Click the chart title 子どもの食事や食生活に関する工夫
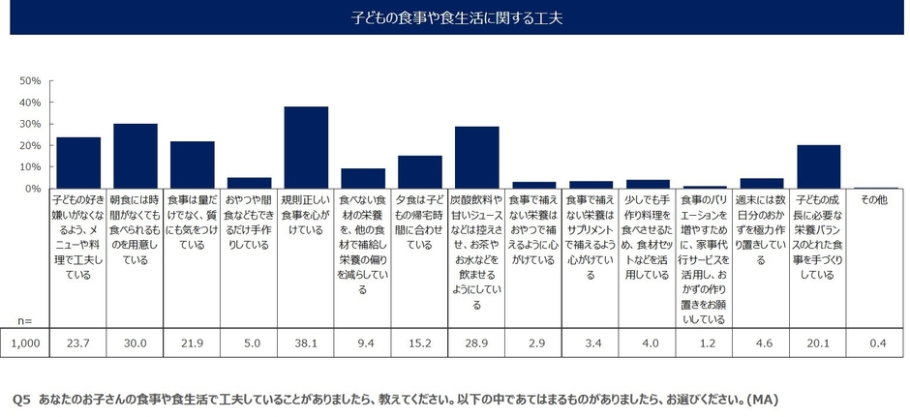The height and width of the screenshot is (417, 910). click(454, 18)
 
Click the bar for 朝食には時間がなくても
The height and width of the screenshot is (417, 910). click(136, 157)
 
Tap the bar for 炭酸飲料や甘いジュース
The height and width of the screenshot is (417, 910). click(476, 158)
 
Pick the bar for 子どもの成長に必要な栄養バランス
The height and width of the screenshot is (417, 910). click(818, 167)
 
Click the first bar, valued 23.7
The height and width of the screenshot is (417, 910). click(78, 164)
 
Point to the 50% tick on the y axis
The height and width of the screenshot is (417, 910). click(29, 80)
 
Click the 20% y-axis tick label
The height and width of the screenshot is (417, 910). click(29, 145)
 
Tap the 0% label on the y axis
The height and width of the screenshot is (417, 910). click(32, 189)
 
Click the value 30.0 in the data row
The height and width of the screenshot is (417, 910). click(136, 343)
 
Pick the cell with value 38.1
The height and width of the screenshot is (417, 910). click(306, 343)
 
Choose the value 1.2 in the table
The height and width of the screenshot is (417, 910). click(705, 343)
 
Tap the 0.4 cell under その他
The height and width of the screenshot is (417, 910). click(875, 343)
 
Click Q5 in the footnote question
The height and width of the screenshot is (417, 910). click(21, 400)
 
